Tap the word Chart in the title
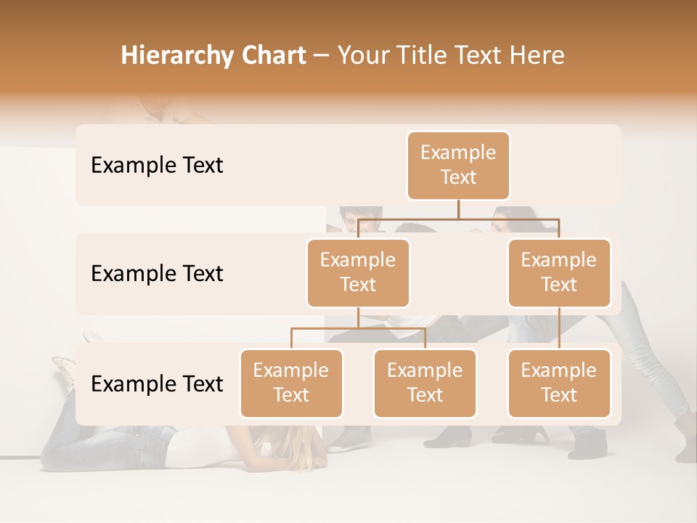pos(272,55)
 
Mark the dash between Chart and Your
pos(321,56)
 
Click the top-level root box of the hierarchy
pos(458,165)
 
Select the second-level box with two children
pos(358,272)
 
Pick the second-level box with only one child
pos(559,272)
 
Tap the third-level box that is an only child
pos(559,383)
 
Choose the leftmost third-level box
pos(291,383)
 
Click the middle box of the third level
pos(425,383)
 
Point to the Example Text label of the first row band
pos(157,165)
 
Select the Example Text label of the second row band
pos(157,273)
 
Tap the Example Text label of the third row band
pos(157,384)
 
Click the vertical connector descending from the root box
pos(458,209)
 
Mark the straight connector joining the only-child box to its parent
pos(559,328)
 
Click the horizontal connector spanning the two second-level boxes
pos(458,219)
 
